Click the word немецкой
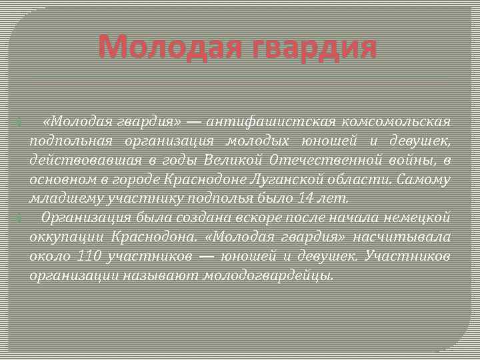point(420,218)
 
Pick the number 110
point(91,256)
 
